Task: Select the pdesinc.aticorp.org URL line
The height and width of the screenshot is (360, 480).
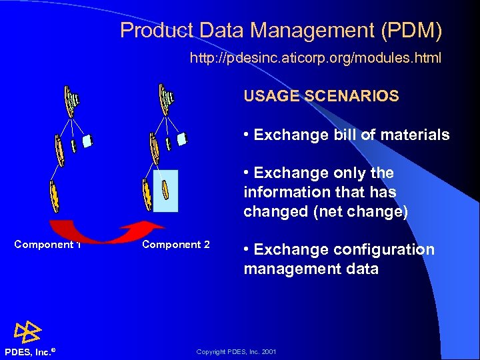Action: pos(315,59)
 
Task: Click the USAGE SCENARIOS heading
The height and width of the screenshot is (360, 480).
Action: pos(321,96)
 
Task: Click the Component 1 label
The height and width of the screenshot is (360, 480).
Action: pos(47,245)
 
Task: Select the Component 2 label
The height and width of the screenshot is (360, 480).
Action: pos(176,245)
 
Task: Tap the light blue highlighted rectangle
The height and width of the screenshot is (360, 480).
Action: pos(165,191)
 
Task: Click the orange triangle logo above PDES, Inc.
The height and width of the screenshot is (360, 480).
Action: pos(27,331)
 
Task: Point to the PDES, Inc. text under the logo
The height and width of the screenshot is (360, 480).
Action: pos(29,351)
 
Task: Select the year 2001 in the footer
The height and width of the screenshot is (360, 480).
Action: pos(269,351)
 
